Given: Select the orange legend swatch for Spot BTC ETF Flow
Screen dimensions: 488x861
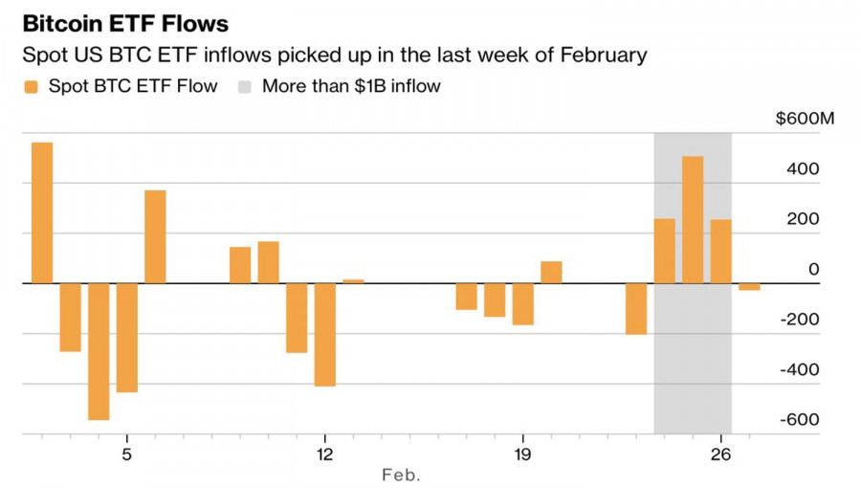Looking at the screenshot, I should pyautogui.click(x=31, y=87).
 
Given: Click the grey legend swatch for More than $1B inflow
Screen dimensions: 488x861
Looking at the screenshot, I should pyautogui.click(x=245, y=87).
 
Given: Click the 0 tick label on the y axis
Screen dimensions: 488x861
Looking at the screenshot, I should pyautogui.click(x=813, y=270).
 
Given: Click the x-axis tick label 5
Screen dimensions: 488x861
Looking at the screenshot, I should pyautogui.click(x=126, y=453).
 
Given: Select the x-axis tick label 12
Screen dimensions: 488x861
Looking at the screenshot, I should pyautogui.click(x=324, y=453).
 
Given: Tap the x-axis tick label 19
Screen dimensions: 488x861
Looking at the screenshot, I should pyautogui.click(x=522, y=453).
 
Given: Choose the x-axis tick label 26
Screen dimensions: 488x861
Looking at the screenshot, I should pyautogui.click(x=721, y=453).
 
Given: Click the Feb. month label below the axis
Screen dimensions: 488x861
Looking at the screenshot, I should pyautogui.click(x=401, y=475).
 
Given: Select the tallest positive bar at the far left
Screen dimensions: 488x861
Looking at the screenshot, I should pyautogui.click(x=42, y=212).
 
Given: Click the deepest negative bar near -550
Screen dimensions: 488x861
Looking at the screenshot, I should pyautogui.click(x=99, y=351).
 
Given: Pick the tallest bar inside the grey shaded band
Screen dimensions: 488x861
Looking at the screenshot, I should pyautogui.click(x=693, y=220).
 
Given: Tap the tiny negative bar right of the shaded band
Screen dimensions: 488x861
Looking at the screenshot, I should pyautogui.click(x=749, y=287).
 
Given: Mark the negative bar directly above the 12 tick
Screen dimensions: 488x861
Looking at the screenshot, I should pyautogui.click(x=325, y=335).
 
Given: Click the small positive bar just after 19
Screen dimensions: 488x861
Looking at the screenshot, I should pyautogui.click(x=551, y=273).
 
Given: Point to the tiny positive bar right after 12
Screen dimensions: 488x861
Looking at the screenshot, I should pyautogui.click(x=353, y=281).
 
